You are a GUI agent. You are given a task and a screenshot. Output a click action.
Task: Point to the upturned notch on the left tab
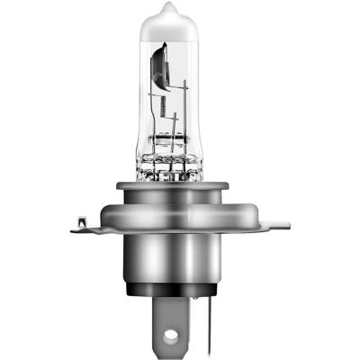79,218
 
